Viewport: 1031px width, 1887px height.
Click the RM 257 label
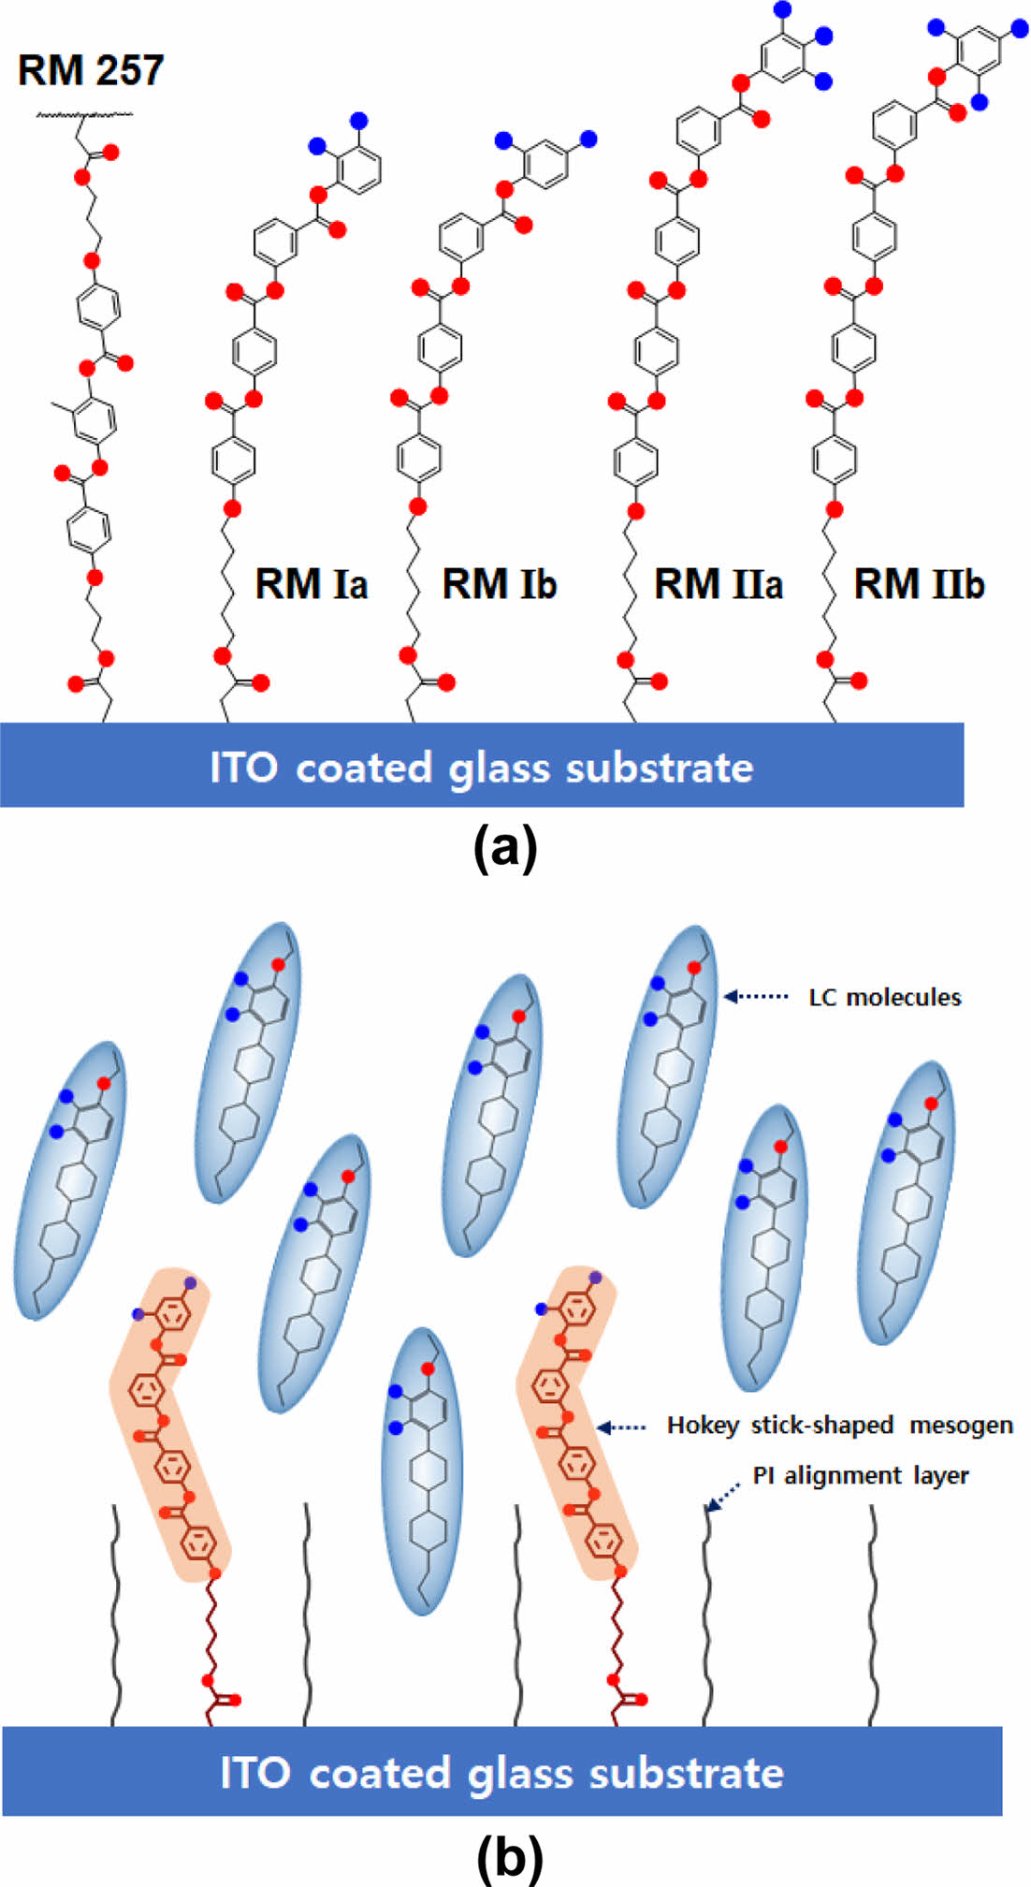91,70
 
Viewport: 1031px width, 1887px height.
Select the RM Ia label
311,584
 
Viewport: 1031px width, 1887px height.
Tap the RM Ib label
499,584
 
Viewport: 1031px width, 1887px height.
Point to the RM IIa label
718,584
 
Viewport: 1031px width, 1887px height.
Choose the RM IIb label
919,584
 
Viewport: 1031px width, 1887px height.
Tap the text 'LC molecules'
884,997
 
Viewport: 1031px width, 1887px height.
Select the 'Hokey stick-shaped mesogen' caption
839,1426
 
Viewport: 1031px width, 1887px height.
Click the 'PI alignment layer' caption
860,1476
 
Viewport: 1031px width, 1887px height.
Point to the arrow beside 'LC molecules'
756,997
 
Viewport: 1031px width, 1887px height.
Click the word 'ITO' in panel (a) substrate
243,768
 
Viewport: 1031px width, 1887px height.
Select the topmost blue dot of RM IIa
783,9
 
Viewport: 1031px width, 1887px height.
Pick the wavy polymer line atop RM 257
84,115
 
